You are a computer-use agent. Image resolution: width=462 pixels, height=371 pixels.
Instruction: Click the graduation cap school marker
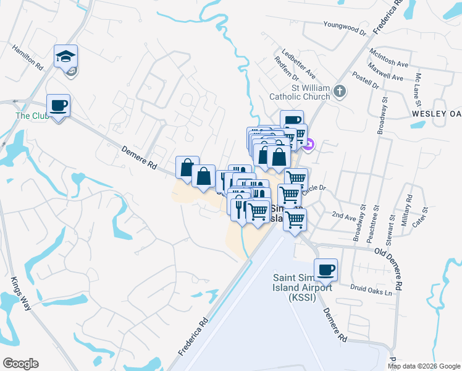[65, 57]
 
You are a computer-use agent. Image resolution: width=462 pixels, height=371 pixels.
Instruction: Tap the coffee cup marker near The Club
[58, 106]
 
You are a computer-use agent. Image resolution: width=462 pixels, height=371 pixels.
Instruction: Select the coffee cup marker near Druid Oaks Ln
[325, 270]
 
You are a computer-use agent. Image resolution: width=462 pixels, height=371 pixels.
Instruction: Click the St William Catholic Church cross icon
[339, 92]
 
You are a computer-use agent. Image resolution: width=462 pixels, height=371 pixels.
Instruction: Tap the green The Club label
[32, 116]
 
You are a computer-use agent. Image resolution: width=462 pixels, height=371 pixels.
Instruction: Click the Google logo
[20, 364]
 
